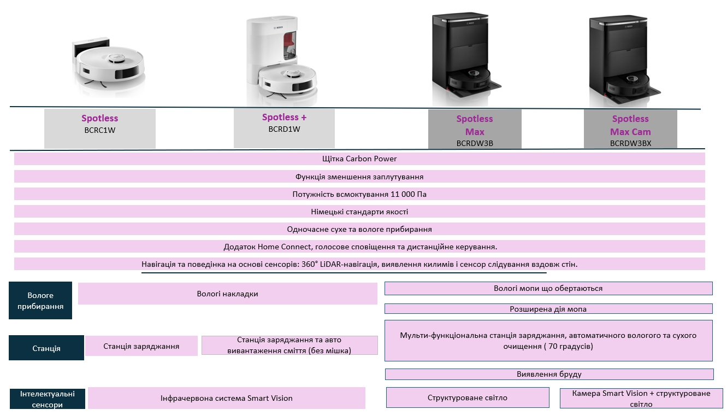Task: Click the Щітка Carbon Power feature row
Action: pos(359,159)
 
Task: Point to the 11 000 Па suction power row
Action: pos(359,194)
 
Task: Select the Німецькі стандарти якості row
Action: pos(359,212)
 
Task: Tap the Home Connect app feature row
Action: pos(359,247)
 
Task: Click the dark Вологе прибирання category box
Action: pos(40,301)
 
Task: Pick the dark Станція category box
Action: pos(46,348)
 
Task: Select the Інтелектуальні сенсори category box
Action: pos(48,399)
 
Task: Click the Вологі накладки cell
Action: pos(227,294)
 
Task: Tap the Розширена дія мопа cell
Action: pos(548,309)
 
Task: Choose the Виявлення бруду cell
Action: pos(549,374)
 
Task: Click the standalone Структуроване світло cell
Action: pos(468,398)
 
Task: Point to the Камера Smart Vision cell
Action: pos(641,398)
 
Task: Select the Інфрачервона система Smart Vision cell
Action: pos(226,398)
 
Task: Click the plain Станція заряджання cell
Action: pos(141,346)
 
